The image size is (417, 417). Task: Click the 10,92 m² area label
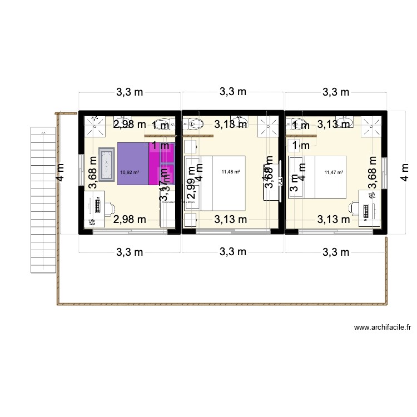(x=129, y=172)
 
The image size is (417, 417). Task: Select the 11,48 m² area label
(x=231, y=172)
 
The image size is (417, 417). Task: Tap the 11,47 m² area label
(x=334, y=172)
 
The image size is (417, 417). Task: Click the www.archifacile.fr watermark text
(x=383, y=328)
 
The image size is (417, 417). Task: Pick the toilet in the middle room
(x=196, y=123)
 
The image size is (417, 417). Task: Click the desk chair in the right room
(x=354, y=209)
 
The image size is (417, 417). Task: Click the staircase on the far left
(x=43, y=200)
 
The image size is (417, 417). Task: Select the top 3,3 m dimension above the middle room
(x=233, y=92)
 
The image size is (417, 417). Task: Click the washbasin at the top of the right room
(x=348, y=121)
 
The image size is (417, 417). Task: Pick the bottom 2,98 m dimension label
(x=130, y=220)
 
